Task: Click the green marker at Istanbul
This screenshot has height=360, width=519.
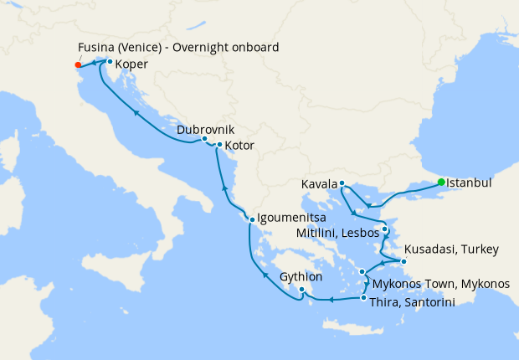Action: click(441, 182)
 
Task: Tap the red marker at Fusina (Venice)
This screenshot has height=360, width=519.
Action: click(78, 64)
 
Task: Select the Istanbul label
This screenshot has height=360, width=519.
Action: click(469, 182)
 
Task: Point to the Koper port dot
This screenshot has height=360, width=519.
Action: click(110, 61)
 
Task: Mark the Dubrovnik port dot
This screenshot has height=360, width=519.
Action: click(204, 139)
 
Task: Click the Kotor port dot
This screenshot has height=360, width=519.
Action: click(219, 146)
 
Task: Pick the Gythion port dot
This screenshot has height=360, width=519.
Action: click(301, 290)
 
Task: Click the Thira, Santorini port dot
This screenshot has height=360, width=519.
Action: click(363, 298)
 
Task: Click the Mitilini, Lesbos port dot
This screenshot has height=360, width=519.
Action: click(384, 229)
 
